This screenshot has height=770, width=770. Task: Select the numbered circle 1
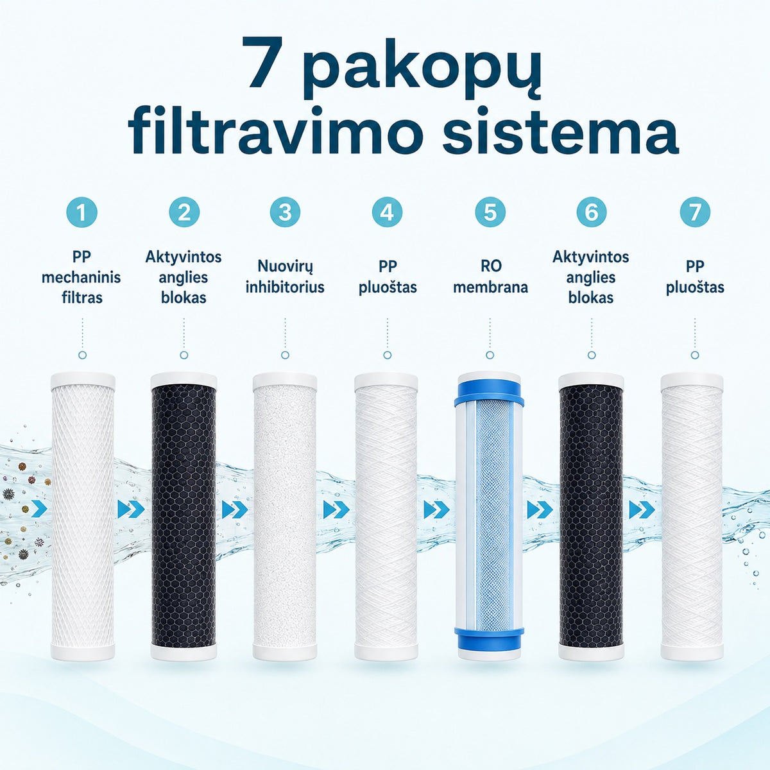82,212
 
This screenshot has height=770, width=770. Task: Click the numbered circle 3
285,212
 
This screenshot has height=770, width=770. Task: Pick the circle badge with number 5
490,212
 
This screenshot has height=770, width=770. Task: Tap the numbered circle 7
695,212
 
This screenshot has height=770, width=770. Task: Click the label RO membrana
490,277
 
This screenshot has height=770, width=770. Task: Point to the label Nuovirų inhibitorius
285,277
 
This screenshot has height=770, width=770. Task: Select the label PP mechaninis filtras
81,277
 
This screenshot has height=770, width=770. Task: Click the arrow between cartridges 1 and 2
131,509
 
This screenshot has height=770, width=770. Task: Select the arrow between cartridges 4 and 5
437,509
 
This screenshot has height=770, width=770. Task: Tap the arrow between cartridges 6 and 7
642,509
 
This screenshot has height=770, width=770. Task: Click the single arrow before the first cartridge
40,508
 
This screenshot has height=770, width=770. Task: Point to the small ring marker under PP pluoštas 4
387,355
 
